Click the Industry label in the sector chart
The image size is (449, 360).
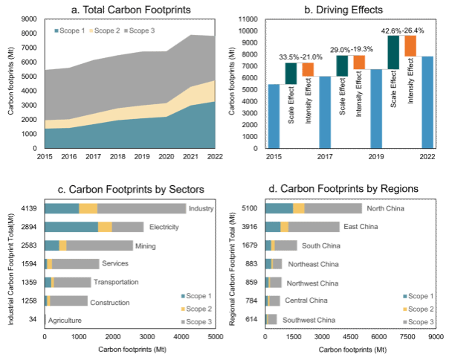point(201,209)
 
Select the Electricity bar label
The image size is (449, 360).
point(164,227)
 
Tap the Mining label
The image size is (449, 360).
point(145,245)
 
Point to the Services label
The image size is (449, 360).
point(114,264)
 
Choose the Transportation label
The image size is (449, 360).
point(116,283)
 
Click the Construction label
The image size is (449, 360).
point(110,302)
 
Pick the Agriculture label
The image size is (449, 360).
point(64,321)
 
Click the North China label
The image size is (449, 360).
point(386,209)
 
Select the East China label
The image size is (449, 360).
point(361,227)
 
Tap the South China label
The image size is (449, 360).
point(321,245)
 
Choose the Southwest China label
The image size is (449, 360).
point(309,320)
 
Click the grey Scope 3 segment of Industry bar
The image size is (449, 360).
point(141,209)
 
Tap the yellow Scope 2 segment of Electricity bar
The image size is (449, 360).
point(105,227)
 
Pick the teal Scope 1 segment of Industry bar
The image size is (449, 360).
point(62,209)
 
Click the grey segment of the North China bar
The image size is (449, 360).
point(332,209)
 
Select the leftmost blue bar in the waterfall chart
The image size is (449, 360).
point(274,116)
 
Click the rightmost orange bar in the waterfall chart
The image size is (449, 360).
point(411,46)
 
